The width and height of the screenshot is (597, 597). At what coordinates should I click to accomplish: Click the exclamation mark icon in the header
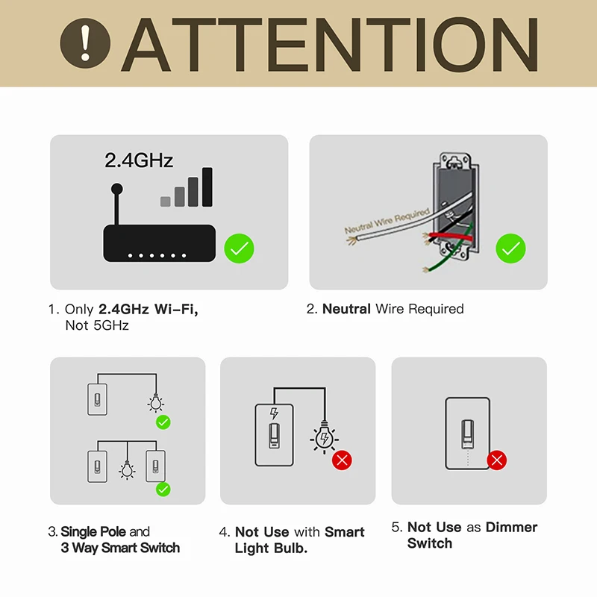click(86, 43)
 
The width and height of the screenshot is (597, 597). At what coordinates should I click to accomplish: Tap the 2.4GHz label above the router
click(139, 160)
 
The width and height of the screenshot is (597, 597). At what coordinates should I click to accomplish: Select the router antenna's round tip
click(116, 189)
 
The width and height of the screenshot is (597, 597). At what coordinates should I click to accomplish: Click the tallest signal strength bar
click(207, 186)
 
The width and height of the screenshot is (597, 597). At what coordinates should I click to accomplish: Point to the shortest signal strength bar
click(166, 201)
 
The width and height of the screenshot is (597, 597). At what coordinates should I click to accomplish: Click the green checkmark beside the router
click(239, 249)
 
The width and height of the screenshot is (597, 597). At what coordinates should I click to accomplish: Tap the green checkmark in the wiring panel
click(510, 249)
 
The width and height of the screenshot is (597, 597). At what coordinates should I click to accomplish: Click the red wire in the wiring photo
click(448, 237)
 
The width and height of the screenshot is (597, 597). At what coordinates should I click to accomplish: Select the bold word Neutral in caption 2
click(346, 309)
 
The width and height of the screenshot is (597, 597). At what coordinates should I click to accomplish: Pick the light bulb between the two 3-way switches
click(127, 469)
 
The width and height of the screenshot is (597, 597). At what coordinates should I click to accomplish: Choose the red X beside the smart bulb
click(342, 460)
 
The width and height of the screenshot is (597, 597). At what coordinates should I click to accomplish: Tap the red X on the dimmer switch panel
click(497, 460)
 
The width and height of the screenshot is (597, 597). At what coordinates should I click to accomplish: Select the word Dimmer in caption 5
click(511, 528)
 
